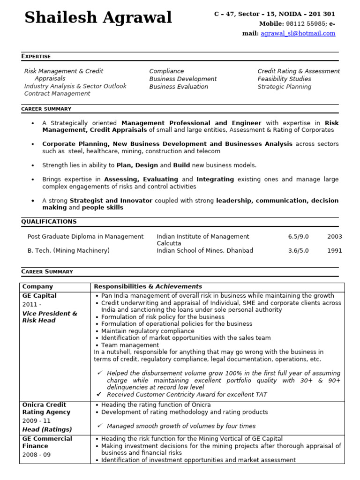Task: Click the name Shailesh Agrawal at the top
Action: coord(98,18)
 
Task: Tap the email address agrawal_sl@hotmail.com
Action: coord(298,33)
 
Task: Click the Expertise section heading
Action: coord(36,56)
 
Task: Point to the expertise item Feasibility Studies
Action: coord(284,79)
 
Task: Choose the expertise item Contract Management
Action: coord(57,94)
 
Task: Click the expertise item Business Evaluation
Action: coord(179,87)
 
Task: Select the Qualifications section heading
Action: coord(49,222)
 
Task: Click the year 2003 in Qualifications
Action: coord(335,237)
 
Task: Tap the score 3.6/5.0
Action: coord(298,251)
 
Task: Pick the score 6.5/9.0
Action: coord(298,237)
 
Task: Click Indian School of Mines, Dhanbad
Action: coord(205,251)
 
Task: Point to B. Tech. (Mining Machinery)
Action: coord(68,251)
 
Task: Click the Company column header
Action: coord(37,286)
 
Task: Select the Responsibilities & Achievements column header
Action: coord(148,286)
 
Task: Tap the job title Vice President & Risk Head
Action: coord(50,317)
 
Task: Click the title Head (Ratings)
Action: coord(47,429)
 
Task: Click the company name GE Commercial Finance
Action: coord(47,442)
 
